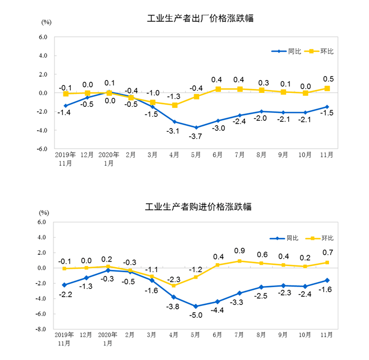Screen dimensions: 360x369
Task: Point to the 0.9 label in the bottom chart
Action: [x=240, y=251]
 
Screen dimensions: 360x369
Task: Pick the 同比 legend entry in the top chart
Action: [x=289, y=52]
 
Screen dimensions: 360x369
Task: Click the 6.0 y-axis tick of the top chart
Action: [x=43, y=37]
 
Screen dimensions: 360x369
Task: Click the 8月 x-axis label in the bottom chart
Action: [x=261, y=336]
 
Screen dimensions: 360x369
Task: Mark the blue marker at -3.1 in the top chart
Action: [x=174, y=122]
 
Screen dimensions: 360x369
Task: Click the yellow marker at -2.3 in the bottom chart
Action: [x=174, y=285]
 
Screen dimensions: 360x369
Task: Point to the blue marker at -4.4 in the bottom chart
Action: [x=218, y=302]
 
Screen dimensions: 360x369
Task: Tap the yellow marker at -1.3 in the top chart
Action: [x=174, y=105]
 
